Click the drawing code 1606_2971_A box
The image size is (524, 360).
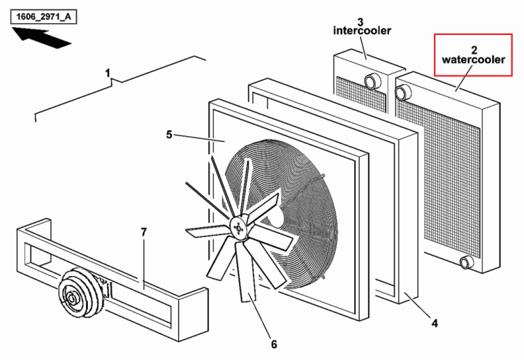(44, 17)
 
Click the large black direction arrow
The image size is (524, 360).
(42, 38)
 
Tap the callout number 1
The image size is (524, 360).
(108, 73)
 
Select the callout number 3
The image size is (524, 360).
(361, 22)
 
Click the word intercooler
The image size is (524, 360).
(362, 31)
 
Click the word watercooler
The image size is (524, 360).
(473, 60)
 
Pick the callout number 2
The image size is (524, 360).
(474, 50)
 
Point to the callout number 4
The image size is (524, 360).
(435, 323)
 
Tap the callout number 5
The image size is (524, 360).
(169, 135)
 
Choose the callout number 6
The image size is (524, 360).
(274, 344)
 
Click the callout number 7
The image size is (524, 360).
(144, 232)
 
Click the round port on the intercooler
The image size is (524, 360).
(372, 81)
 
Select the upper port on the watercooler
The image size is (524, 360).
(402, 92)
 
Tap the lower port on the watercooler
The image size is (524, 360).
(466, 262)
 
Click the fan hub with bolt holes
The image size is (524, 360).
(238, 228)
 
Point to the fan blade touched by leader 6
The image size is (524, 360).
(246, 272)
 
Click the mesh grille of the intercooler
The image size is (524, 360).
(361, 94)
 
